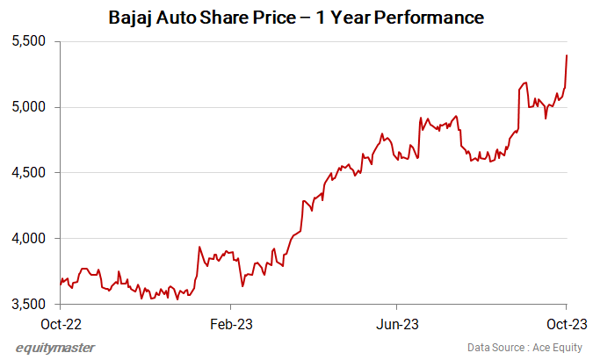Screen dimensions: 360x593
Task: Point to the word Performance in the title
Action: click(x=431, y=18)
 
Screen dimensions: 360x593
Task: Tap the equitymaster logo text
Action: click(x=55, y=347)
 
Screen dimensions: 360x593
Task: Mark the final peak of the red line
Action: click(x=567, y=55)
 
